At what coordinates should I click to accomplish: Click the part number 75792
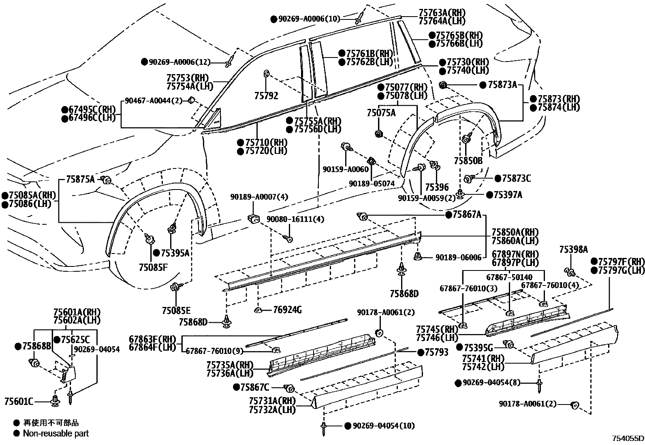[x=266, y=96]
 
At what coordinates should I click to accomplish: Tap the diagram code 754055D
[x=628, y=438]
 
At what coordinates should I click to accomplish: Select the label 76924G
[x=287, y=310]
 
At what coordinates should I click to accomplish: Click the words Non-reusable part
[x=56, y=433]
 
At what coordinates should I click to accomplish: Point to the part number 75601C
[x=19, y=402]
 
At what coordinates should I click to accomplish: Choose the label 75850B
[x=468, y=161]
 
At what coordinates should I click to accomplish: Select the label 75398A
[x=573, y=249]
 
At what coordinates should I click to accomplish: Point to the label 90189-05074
[x=372, y=183]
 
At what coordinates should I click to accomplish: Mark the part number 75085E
[x=176, y=311]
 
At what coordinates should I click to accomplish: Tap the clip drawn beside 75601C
[x=55, y=401]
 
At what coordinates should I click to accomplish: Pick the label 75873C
[x=516, y=178]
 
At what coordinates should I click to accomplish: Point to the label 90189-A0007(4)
[x=259, y=197]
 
